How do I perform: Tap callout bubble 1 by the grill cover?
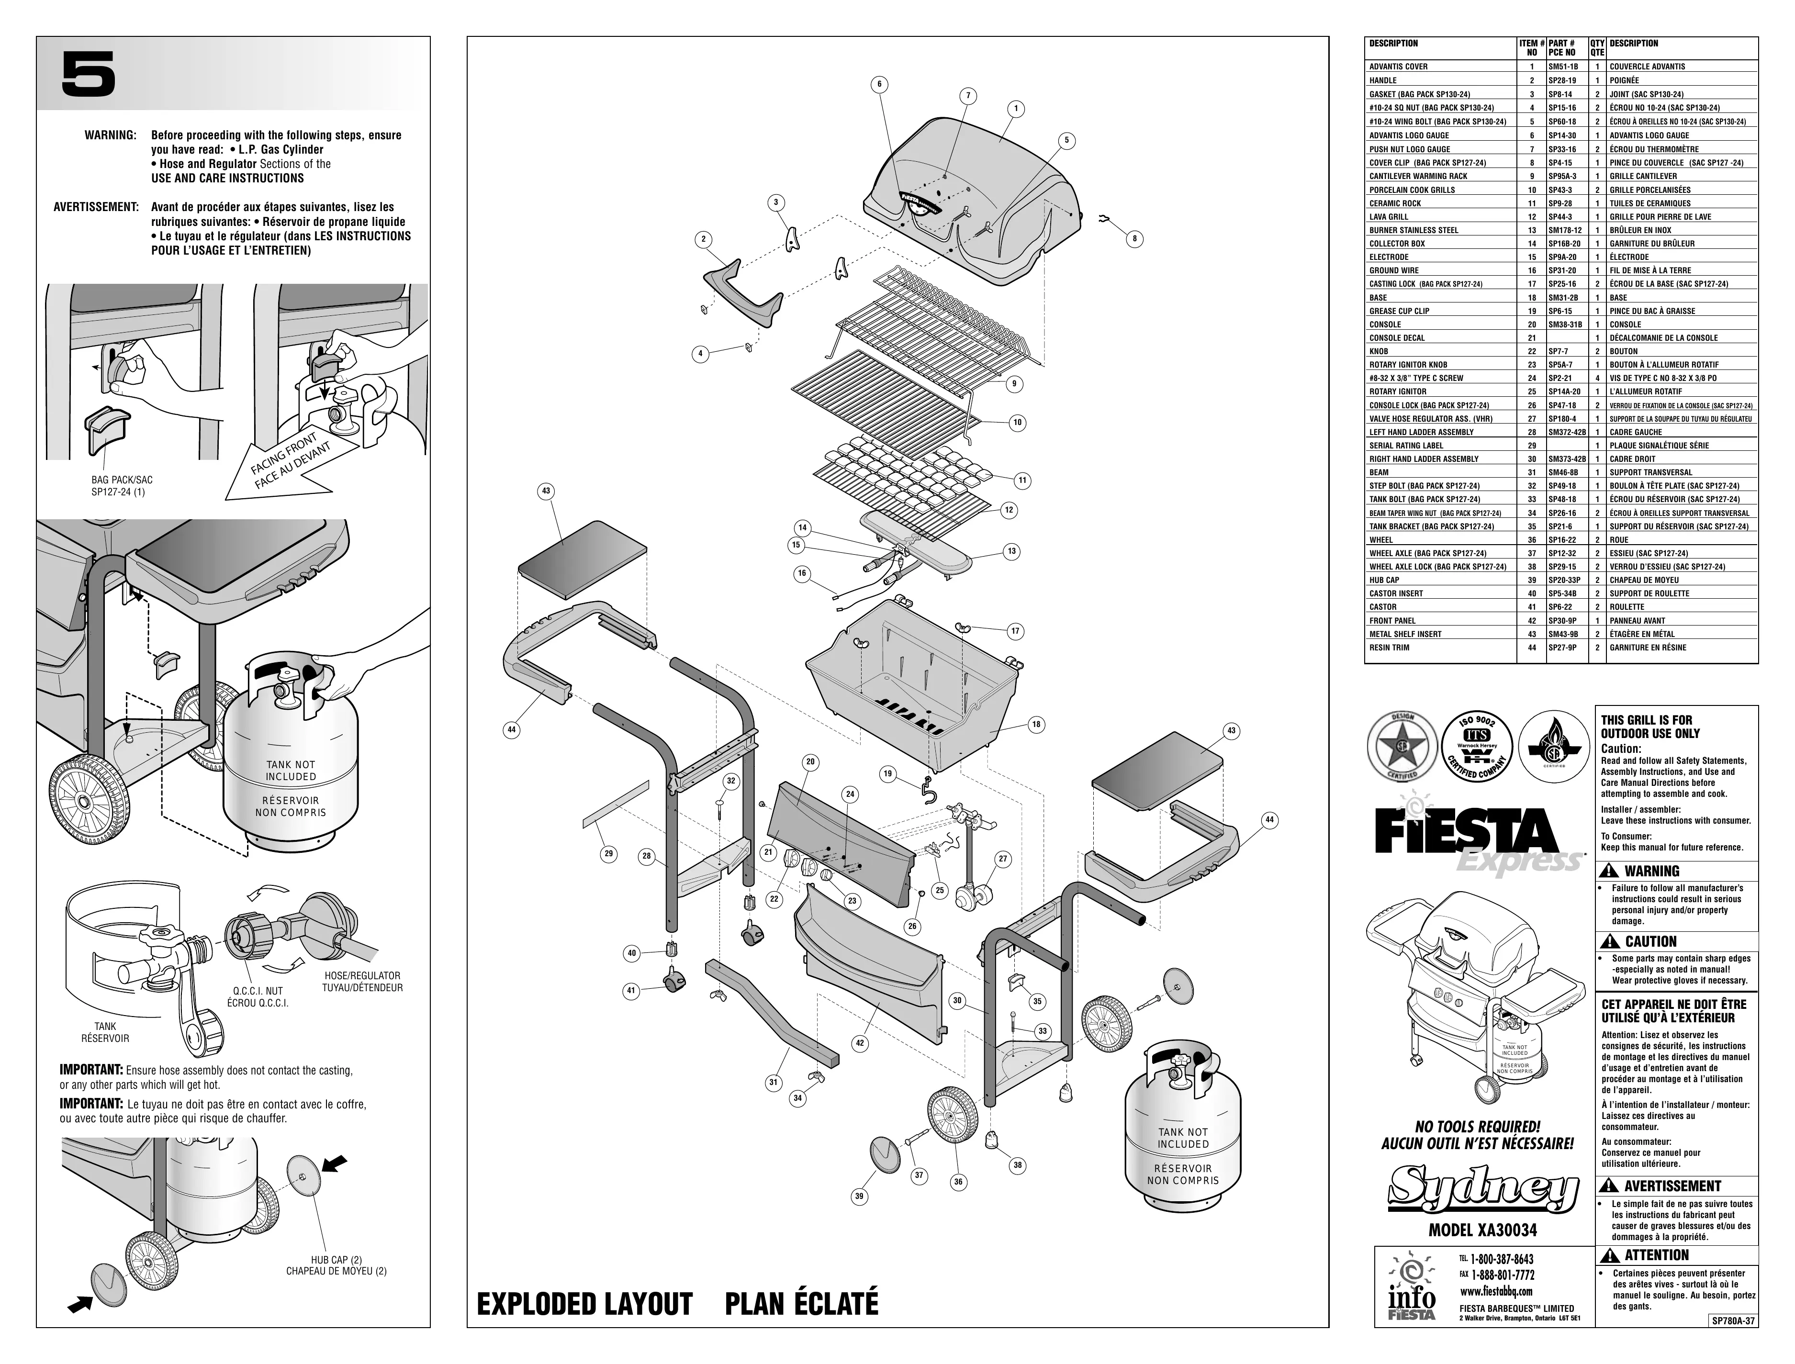(x=1016, y=109)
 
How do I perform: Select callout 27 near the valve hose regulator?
(x=1003, y=859)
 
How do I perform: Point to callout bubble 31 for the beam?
(x=773, y=1082)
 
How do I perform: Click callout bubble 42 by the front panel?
(x=859, y=1042)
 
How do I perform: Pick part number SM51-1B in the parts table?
(x=1564, y=67)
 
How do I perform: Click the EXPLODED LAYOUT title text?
(x=584, y=1303)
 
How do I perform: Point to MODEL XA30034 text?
(x=1482, y=1230)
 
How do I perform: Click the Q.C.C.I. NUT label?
(x=258, y=991)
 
